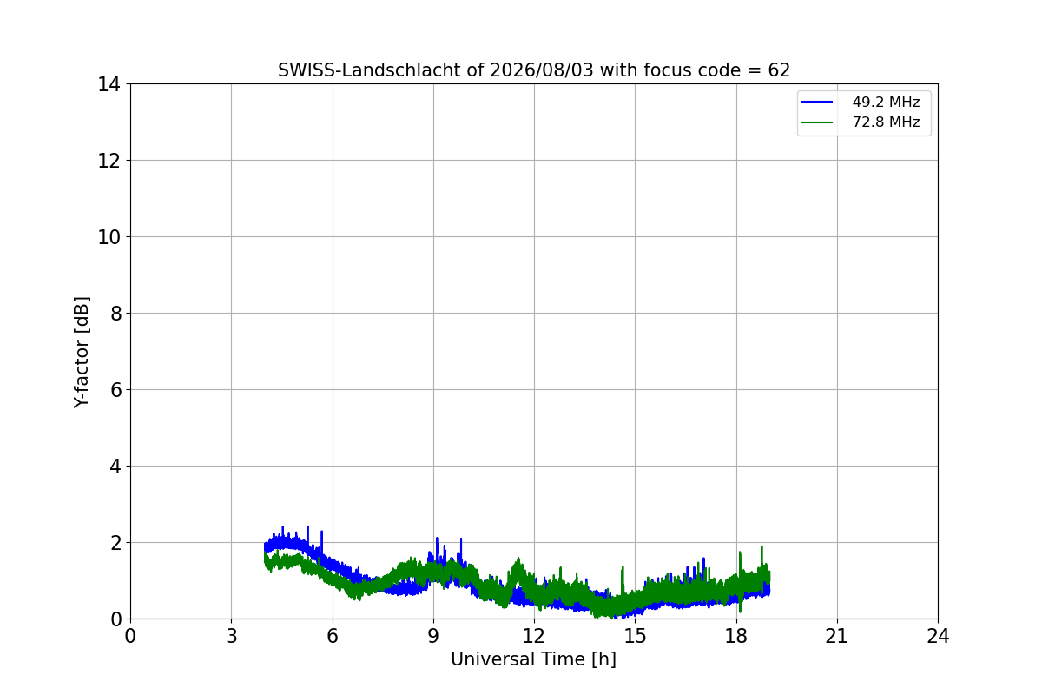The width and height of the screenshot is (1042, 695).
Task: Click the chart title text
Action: (x=533, y=70)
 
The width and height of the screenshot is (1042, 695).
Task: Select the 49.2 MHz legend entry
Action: (x=861, y=102)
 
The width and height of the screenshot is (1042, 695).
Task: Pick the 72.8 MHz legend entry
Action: (x=861, y=122)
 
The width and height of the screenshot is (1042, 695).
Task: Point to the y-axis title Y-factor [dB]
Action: (x=82, y=353)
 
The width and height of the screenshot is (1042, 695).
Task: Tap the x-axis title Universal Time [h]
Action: (x=533, y=659)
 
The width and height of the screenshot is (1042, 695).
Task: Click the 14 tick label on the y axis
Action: (x=109, y=84)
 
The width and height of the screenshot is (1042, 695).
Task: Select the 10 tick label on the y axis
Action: (x=109, y=237)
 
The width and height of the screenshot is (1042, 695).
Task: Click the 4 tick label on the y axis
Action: (x=115, y=466)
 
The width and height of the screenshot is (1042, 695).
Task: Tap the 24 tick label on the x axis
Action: (x=938, y=636)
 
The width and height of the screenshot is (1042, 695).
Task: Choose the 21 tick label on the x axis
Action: (x=837, y=636)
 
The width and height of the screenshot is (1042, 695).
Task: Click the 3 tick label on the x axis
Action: (x=232, y=636)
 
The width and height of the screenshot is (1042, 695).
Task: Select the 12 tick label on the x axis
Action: (x=534, y=636)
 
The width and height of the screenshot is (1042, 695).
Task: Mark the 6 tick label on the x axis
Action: (x=333, y=636)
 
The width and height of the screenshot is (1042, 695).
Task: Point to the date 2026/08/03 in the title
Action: (x=542, y=70)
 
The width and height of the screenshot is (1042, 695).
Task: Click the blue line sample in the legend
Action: (x=817, y=102)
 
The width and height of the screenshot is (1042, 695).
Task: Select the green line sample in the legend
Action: (x=817, y=122)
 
